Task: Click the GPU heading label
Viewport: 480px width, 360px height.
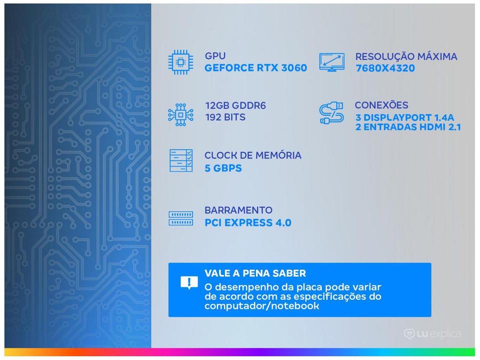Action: pos(215,56)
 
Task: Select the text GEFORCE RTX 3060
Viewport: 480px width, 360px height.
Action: pos(255,67)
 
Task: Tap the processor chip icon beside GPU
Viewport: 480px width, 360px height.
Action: pos(180,62)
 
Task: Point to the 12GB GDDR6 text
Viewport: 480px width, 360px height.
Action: pos(235,105)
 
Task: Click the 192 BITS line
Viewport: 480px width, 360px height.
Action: pos(225,117)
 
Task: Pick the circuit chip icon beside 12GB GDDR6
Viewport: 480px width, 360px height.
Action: pos(180,115)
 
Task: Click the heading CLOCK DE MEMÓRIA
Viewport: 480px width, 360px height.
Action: pos(253,155)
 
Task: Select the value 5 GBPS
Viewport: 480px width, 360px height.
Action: pos(223,168)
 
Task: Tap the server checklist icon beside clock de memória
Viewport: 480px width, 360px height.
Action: pos(181,160)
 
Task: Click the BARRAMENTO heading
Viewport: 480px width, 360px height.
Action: pos(238,210)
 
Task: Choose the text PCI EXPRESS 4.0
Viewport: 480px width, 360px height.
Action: pos(248,223)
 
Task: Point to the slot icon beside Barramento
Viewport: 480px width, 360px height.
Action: pos(180,218)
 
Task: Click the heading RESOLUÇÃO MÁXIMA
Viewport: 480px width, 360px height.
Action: pos(406,56)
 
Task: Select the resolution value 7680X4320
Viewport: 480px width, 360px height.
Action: pos(385,68)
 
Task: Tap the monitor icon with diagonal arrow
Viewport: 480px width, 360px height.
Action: pos(331,62)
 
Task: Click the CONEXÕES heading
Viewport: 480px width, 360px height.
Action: pos(381,105)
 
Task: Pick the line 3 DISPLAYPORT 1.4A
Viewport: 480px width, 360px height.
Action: pos(404,117)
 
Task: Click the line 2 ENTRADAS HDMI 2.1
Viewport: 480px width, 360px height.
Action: pos(408,127)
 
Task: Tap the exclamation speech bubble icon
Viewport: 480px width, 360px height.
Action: pos(189,282)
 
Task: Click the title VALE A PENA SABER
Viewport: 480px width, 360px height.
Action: pos(255,273)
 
